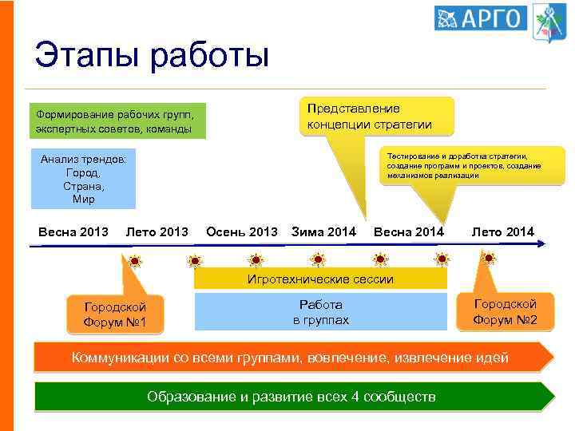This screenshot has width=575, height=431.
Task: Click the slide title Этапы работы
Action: click(152, 56)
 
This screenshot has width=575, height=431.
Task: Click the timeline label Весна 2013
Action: click(73, 232)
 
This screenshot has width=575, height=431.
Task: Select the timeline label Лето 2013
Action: click(157, 232)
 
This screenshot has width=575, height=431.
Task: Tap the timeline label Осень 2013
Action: click(242, 232)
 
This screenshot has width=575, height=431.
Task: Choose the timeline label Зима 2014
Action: click(324, 232)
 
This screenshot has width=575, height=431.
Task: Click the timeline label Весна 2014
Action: click(408, 232)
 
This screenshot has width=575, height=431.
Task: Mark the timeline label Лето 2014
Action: click(503, 232)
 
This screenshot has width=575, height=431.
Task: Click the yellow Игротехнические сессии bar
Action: click(321, 279)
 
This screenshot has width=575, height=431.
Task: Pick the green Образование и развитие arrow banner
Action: click(291, 397)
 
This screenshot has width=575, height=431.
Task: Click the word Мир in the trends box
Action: click(83, 199)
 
